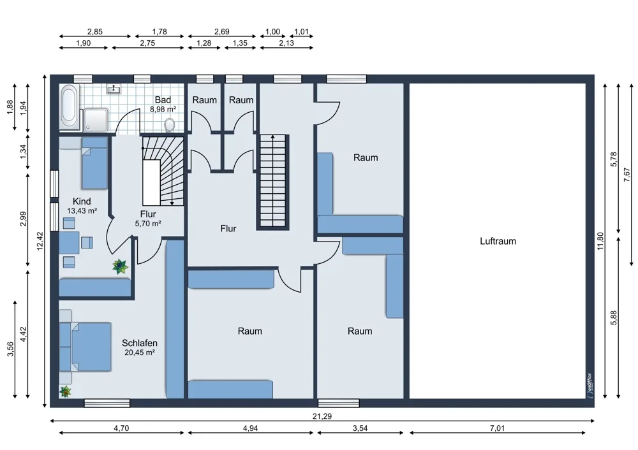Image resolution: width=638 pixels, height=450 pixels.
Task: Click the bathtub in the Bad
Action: (68, 107)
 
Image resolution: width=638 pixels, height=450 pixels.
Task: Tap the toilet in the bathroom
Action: (170, 124)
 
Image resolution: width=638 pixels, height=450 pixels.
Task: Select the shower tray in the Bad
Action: (96, 120)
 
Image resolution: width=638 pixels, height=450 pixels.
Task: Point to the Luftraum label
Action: (498, 241)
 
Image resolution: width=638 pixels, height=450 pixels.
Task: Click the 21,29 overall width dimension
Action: (322, 416)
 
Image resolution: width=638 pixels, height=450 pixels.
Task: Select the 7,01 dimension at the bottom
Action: (497, 428)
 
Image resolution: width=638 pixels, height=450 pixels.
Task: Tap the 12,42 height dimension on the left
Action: (40, 241)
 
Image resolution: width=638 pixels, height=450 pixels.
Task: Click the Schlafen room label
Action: (140, 343)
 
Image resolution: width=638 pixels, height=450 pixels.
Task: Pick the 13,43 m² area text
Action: (82, 210)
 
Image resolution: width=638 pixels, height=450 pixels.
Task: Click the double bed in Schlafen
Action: (86, 347)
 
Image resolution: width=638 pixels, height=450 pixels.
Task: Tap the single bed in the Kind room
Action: (94, 163)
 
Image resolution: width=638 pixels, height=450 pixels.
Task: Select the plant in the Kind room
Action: (120, 266)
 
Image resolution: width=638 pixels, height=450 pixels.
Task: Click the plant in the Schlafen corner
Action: (65, 391)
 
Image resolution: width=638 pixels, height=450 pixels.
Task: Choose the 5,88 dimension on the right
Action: (614, 318)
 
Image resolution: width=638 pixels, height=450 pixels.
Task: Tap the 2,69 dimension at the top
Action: (222, 31)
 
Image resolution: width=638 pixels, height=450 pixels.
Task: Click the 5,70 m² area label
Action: (148, 223)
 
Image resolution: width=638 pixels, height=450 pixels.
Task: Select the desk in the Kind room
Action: (70, 243)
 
